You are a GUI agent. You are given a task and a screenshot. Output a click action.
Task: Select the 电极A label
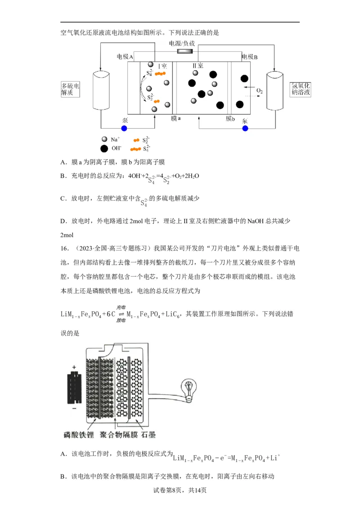point(125,57)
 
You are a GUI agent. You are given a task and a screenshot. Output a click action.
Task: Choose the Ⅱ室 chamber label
point(198,66)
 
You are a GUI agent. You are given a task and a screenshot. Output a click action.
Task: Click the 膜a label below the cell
point(175,118)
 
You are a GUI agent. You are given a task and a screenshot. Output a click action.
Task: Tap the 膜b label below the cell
point(230,118)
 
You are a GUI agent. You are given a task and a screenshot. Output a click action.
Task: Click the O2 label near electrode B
point(259,91)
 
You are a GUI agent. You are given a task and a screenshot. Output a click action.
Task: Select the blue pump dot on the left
point(124,128)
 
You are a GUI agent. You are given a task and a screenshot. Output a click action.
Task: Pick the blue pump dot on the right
point(245,128)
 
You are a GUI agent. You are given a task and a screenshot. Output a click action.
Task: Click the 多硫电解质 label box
point(70,89)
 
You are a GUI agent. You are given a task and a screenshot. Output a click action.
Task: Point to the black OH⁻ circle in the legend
point(104,148)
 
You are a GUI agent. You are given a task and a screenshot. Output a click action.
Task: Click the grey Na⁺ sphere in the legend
point(104,139)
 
